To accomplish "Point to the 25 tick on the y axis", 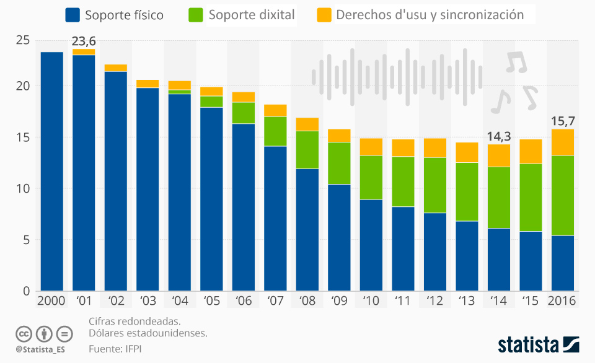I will (22, 41).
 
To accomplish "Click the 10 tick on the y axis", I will (22, 189).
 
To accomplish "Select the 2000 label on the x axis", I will (51, 300).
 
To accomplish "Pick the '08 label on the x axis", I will (307, 300).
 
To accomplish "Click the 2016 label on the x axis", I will (562, 300).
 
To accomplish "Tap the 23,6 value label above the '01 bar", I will (84, 41).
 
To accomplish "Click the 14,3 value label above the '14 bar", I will (498, 136).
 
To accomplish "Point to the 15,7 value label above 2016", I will (562, 121).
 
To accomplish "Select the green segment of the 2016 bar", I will (562, 195).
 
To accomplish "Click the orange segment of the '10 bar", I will (371, 147).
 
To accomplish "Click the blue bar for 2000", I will (51, 172).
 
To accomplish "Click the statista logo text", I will (528, 344).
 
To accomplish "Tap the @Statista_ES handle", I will (40, 349).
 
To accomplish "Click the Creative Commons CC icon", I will (24, 333).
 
